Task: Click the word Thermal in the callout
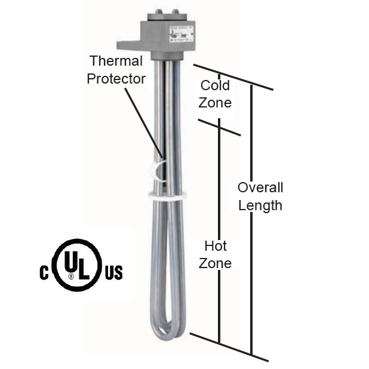tap(116, 61)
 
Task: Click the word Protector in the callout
tap(116, 79)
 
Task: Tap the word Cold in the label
tap(214, 85)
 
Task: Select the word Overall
tap(260, 187)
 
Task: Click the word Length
tap(260, 206)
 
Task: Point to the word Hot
tap(216, 245)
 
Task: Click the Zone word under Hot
tap(216, 263)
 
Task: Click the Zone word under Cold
tap(215, 103)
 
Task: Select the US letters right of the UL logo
tap(113, 273)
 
